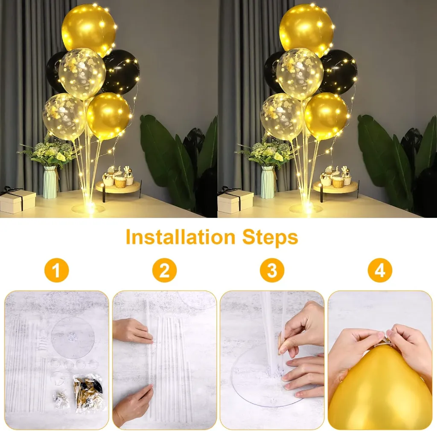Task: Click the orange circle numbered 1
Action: (57, 270)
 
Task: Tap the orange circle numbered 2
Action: (164, 270)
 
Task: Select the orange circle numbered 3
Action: (272, 270)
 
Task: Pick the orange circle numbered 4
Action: (380, 270)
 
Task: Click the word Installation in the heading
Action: (181, 237)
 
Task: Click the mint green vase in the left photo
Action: (50, 182)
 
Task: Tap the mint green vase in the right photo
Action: (268, 182)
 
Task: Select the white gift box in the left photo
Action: (18, 202)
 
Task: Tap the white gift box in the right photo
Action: (236, 202)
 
